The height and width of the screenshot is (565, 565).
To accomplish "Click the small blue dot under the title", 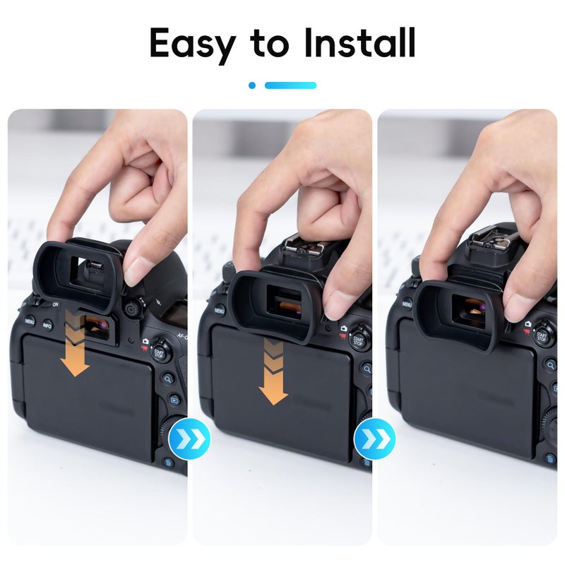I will point(252,85).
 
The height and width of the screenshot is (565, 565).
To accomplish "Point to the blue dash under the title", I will point(290,85).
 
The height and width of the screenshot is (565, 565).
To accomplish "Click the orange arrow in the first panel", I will point(74,343).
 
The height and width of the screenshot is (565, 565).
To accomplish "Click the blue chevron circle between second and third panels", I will point(374,440).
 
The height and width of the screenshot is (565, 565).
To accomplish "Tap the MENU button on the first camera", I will point(30,320).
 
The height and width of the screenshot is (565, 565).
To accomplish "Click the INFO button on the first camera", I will point(47,325).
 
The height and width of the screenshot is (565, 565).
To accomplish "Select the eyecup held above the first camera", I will point(78,273).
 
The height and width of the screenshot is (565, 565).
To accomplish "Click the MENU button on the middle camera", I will point(220,309).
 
